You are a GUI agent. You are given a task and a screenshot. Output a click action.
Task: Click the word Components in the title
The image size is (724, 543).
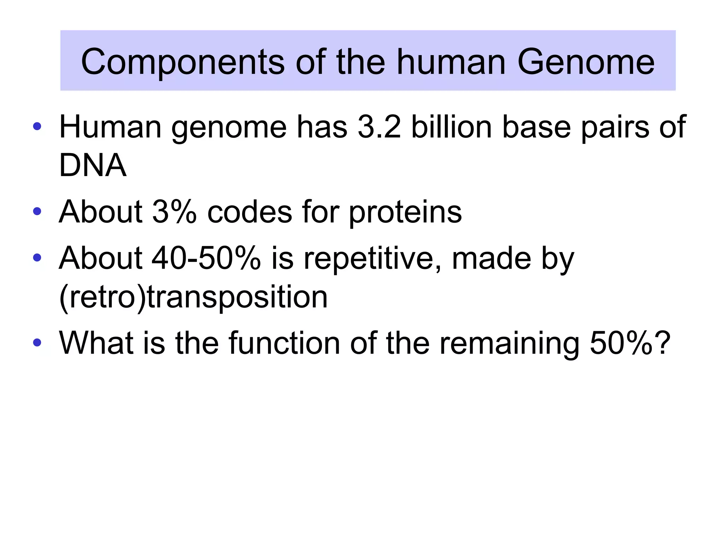coord(182,62)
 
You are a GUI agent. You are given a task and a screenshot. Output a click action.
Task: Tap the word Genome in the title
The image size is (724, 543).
coord(586,62)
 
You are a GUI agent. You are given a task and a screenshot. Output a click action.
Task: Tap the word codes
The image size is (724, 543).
coord(250,212)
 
